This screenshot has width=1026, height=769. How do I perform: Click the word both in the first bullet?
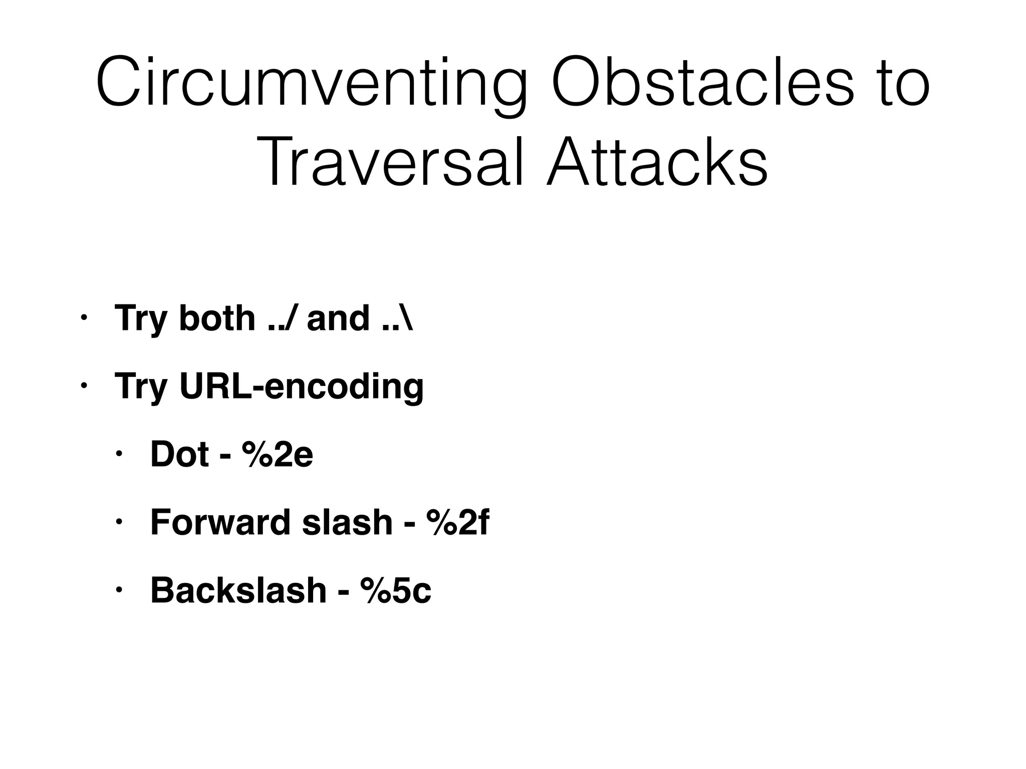[x=217, y=318]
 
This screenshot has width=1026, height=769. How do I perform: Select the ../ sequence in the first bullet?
[x=282, y=318]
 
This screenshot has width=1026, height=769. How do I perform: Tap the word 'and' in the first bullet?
[x=338, y=318]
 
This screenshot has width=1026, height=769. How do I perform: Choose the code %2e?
[x=278, y=455]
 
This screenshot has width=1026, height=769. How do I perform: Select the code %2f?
[x=457, y=523]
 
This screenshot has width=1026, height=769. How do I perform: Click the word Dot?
[x=179, y=455]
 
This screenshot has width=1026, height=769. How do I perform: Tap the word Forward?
[x=221, y=523]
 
